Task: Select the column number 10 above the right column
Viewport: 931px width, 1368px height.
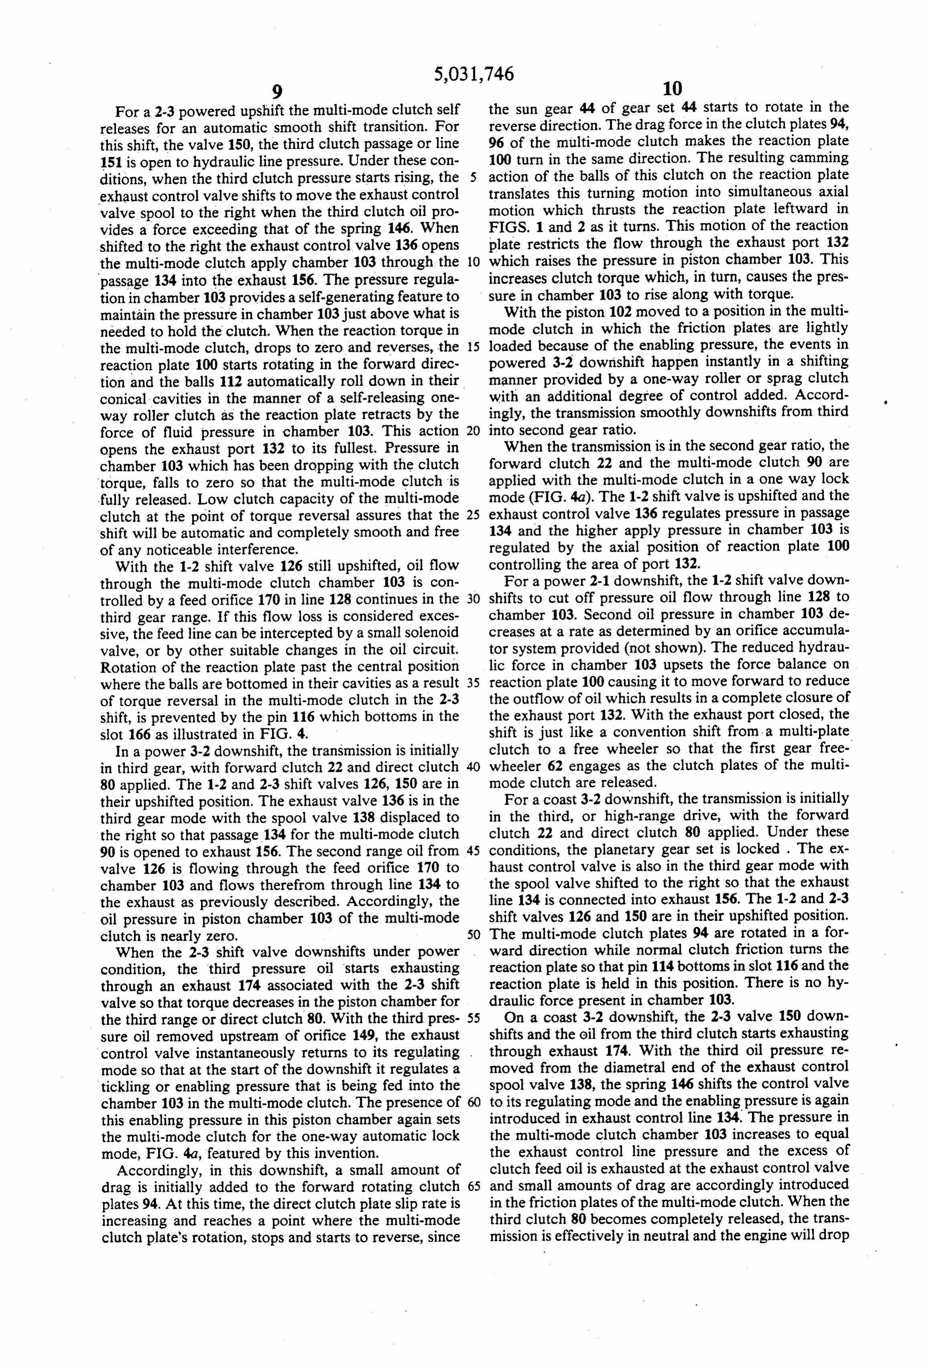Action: point(672,89)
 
